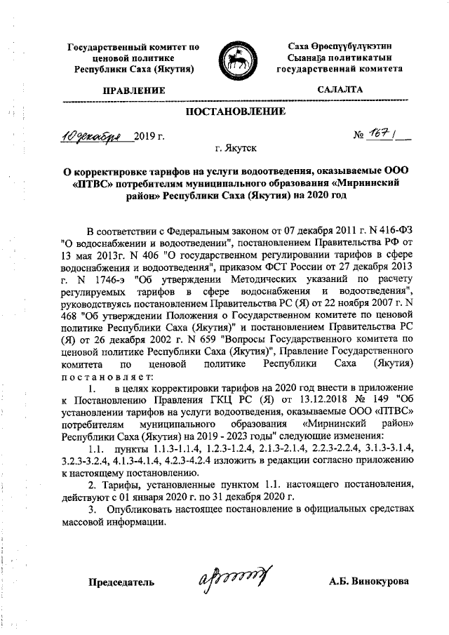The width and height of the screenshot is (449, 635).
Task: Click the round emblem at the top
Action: click(236, 59)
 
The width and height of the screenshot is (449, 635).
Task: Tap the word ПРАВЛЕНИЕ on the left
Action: click(133, 91)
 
